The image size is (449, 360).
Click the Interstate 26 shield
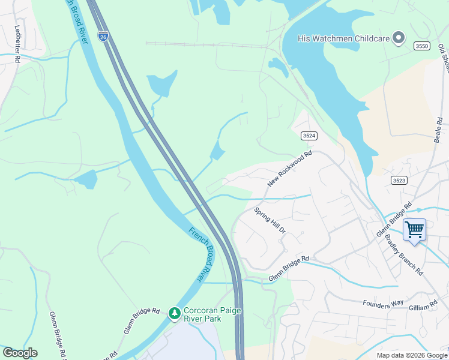click(x=103, y=37)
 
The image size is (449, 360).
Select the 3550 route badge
click(x=421, y=46)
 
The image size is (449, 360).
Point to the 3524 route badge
click(x=309, y=136)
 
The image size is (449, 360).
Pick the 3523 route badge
click(x=399, y=180)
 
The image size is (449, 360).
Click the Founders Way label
click(x=383, y=304)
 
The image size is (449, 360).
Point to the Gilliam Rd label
click(x=425, y=307)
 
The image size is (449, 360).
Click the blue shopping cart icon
click(x=414, y=229)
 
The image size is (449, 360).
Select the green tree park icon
click(x=174, y=313)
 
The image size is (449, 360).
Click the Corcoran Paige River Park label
click(x=202, y=314)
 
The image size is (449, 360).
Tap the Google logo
click(x=20, y=353)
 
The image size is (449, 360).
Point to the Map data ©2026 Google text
click(x=411, y=355)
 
